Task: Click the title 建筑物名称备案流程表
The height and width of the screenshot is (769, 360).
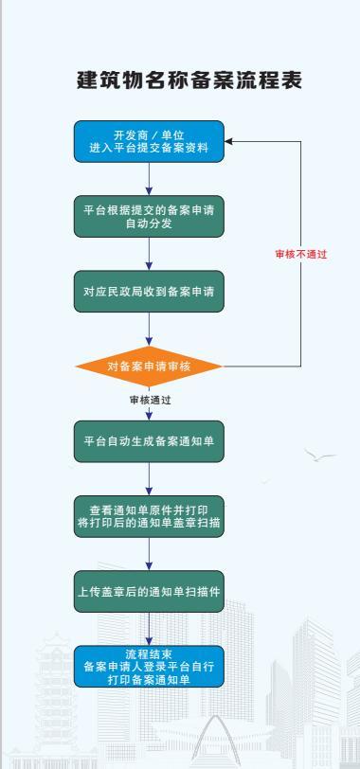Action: pyautogui.click(x=189, y=80)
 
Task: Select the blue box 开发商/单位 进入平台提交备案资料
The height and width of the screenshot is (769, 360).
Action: pyautogui.click(x=149, y=141)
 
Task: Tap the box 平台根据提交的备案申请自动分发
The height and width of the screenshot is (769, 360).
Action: pyautogui.click(x=149, y=216)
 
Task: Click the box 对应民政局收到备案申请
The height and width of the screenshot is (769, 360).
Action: pyautogui.click(x=149, y=292)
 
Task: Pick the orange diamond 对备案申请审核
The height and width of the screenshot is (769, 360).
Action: pyautogui.click(x=149, y=367)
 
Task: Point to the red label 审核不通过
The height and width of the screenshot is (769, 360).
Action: pyautogui.click(x=300, y=254)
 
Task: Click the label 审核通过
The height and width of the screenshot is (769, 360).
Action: pyautogui.click(x=150, y=400)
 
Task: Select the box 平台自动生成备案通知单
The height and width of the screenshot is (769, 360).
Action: pyautogui.click(x=149, y=441)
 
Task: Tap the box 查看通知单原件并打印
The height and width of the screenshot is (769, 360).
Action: pyautogui.click(x=149, y=516)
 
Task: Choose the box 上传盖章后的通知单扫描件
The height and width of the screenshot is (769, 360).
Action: pyautogui.click(x=149, y=592)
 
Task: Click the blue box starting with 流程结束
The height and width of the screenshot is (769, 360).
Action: pyautogui.click(x=149, y=666)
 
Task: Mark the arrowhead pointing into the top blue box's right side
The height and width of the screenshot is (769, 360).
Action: pyautogui.click(x=228, y=141)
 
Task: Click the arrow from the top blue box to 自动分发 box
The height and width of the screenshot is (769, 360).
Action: pyautogui.click(x=149, y=178)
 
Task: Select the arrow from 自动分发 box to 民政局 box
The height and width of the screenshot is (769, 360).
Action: pyautogui.click(x=149, y=254)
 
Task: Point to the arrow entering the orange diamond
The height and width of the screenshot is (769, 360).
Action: pyautogui.click(x=149, y=329)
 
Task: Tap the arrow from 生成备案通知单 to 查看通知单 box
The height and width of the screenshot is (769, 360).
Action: pyautogui.click(x=149, y=478)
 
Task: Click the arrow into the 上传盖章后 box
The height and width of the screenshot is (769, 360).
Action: pyautogui.click(x=149, y=554)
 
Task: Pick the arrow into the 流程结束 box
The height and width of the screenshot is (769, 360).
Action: pyautogui.click(x=149, y=629)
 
